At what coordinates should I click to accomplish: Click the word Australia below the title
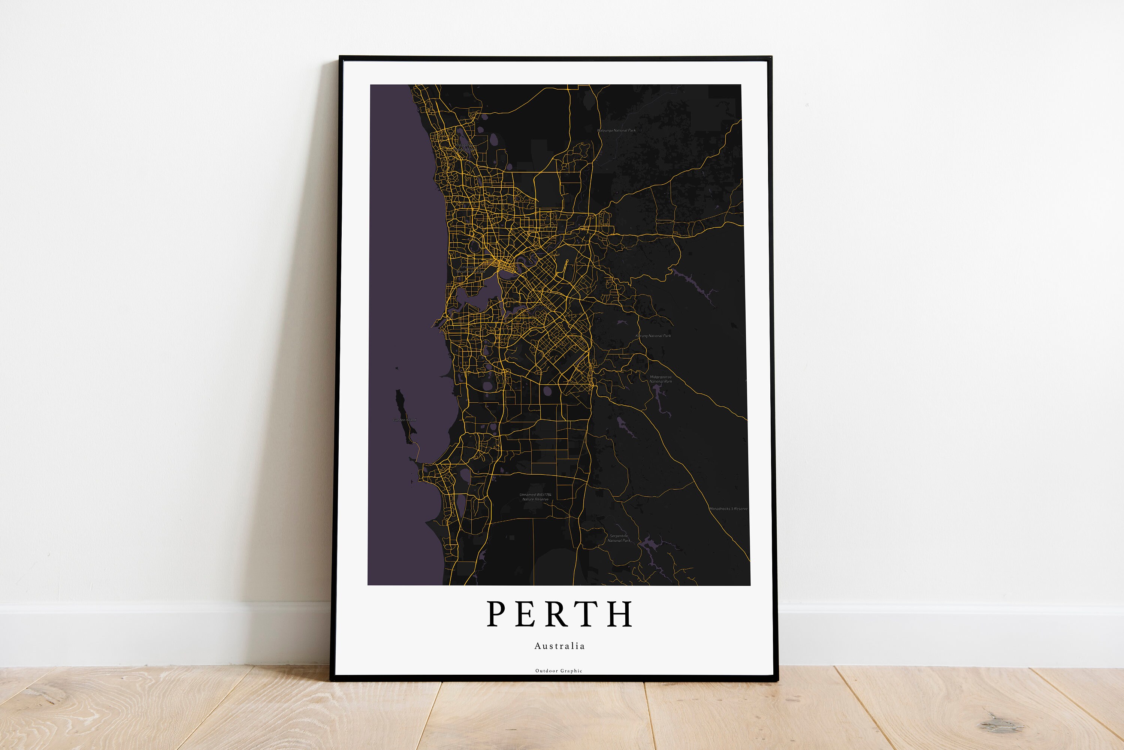pos(559,646)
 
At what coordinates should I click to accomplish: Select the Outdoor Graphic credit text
pos(559,671)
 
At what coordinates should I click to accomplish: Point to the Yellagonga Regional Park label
pos(462,147)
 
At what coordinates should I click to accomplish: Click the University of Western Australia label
pos(471,269)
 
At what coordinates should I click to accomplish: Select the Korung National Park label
pos(653,336)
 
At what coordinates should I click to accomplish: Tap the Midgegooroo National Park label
pos(661,379)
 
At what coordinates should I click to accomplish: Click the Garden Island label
pos(405,420)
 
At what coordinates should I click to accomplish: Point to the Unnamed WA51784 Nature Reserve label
pos(535,497)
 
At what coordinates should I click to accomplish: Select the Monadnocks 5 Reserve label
pos(728,508)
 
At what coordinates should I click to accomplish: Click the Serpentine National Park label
pos(619,538)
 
